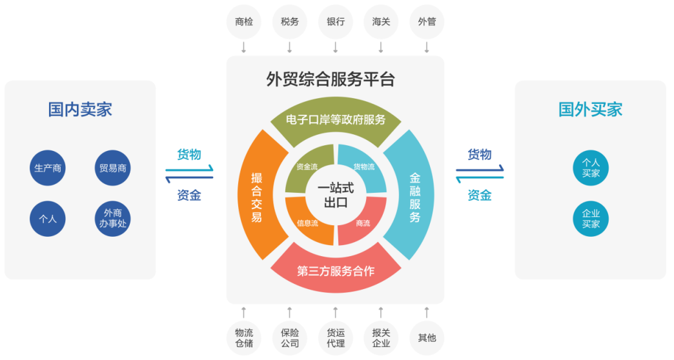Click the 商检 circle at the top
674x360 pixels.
[243, 22]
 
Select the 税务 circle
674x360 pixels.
[289, 22]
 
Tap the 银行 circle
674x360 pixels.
[335, 22]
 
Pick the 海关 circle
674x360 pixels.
[381, 22]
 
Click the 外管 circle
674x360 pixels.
[427, 22]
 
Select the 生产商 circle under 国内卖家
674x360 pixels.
[48, 168]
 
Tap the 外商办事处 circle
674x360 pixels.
[112, 219]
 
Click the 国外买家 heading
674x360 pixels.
[590, 109]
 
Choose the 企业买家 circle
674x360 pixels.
[591, 219]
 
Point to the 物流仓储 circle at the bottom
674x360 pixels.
[243, 337]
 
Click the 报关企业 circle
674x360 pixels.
[381, 337]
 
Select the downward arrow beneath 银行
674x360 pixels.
[335, 47]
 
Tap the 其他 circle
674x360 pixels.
[427, 337]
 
